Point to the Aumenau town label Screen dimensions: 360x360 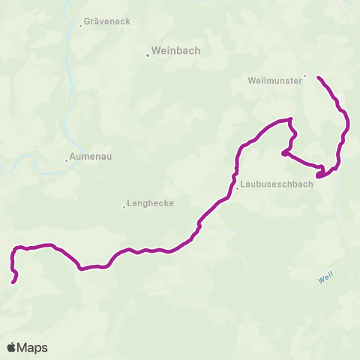(x=91, y=158)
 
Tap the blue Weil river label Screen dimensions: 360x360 (x=325, y=277)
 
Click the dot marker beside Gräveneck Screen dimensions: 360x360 (x=80, y=25)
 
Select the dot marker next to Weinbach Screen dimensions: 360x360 (x=148, y=55)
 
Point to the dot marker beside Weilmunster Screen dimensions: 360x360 (x=304, y=75)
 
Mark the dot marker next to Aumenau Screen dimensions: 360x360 (x=66, y=159)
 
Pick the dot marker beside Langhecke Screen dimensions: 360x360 (x=124, y=207)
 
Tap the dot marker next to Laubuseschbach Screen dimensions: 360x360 (x=237, y=188)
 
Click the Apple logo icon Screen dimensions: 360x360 (x=11, y=347)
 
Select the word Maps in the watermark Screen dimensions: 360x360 (x=33, y=347)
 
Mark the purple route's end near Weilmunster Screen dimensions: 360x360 (x=319, y=77)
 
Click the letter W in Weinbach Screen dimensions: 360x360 (x=156, y=52)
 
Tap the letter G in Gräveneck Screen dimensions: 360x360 (x=88, y=22)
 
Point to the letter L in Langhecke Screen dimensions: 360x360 (x=130, y=202)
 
